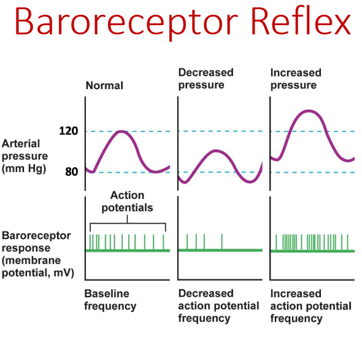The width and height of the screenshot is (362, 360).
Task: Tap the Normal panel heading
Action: (x=104, y=85)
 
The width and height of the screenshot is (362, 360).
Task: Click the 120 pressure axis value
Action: (x=68, y=131)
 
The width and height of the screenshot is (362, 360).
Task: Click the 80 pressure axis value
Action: (x=71, y=171)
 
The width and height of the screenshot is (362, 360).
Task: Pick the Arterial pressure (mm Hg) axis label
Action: (x=25, y=155)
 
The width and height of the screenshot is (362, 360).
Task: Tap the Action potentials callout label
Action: (x=127, y=202)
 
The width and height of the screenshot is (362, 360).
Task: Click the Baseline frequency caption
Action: (x=110, y=300)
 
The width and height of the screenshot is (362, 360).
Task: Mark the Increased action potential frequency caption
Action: (x=311, y=306)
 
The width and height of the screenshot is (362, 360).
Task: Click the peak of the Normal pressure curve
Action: (x=122, y=131)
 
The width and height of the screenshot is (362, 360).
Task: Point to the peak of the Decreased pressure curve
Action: (x=215, y=151)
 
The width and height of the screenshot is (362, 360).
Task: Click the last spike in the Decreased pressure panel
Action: (x=222, y=241)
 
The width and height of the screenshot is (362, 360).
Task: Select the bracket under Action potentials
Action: (x=127, y=223)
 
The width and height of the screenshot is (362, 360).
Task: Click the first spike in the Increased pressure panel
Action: (x=276, y=242)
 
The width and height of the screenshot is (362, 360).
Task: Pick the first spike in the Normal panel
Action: (x=90, y=241)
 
